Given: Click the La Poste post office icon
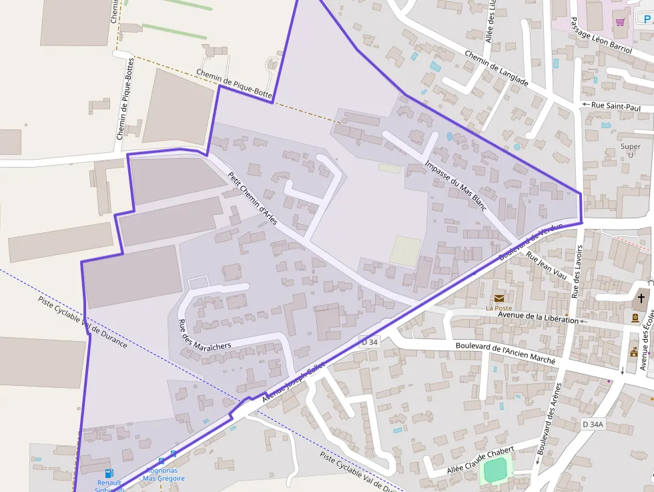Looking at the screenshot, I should click(499, 298).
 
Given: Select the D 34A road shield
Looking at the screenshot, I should click(592, 424).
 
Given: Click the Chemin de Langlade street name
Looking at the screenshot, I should click(496, 69).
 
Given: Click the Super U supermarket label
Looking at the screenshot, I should click(630, 151).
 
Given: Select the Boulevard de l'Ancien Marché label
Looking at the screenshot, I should click(505, 352).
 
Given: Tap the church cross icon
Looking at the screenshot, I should click(641, 298).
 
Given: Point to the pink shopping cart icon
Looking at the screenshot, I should click(620, 22).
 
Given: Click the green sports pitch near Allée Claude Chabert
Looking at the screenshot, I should click(495, 472).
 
